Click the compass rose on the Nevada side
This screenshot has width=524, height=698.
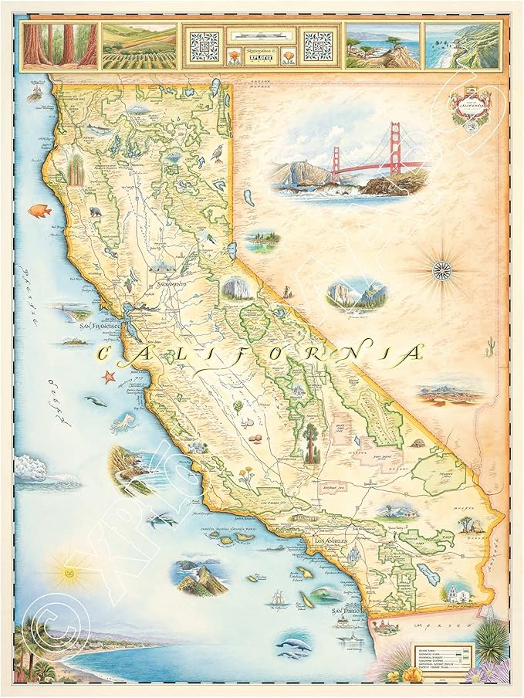(x=443, y=269)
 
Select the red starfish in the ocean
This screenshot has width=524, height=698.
(x=108, y=377)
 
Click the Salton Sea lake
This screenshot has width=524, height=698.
(x=429, y=574)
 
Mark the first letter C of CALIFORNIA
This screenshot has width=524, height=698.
(x=107, y=356)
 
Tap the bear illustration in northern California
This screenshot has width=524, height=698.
(x=96, y=211)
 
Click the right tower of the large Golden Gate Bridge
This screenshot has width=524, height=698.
(x=396, y=148)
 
